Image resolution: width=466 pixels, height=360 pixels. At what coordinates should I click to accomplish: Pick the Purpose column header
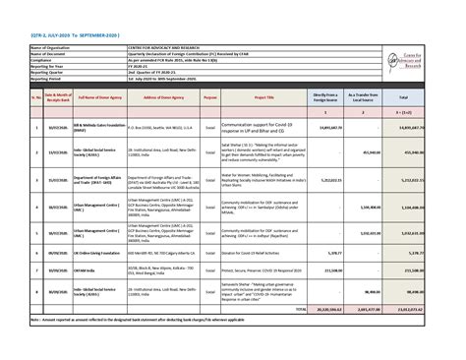coord(209,98)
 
